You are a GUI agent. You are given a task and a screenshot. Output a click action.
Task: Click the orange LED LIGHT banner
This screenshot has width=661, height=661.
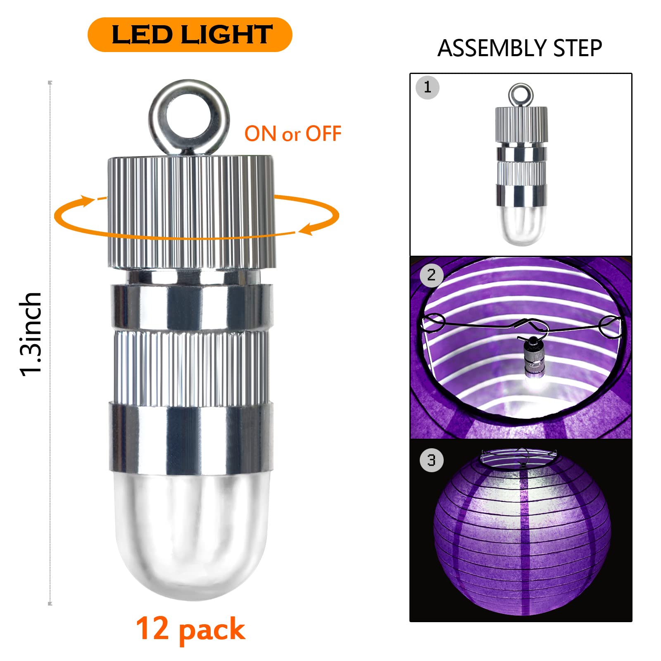[190, 35]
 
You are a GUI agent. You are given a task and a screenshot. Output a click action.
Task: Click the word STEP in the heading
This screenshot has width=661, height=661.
[578, 48]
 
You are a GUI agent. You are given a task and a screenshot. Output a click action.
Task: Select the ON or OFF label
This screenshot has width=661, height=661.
[293, 134]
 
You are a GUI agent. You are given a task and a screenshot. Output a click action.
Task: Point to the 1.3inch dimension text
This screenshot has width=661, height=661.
[31, 334]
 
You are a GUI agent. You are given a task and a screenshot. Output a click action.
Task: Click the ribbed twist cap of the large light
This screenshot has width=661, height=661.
[192, 212]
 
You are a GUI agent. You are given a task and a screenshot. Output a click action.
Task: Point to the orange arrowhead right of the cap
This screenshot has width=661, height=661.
[307, 228]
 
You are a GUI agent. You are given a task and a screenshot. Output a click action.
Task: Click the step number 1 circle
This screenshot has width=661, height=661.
[428, 88]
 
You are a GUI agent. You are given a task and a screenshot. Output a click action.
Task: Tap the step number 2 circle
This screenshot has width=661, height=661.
[432, 275]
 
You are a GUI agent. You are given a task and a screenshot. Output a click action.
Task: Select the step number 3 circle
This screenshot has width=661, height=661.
[432, 460]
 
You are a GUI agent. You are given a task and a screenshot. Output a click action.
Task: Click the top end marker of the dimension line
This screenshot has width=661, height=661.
[50, 83]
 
